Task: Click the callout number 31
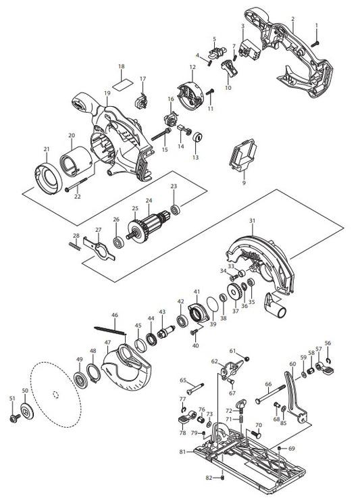252,221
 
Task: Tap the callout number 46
114,315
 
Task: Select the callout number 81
182,452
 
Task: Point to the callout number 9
244,183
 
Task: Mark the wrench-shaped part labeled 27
104,251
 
